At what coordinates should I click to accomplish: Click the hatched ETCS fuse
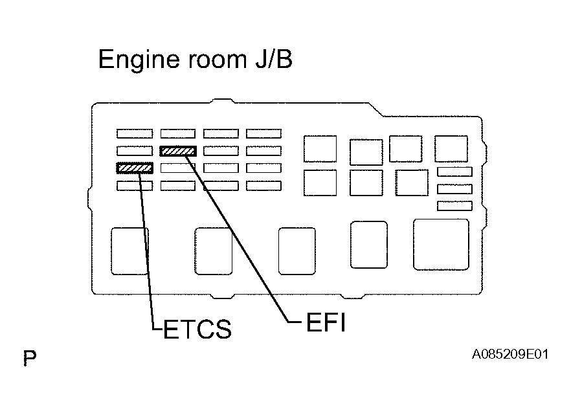pos(135,168)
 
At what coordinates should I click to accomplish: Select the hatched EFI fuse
pos(178,151)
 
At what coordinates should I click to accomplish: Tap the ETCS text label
pos(197,329)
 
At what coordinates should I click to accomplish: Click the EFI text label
pos(326,322)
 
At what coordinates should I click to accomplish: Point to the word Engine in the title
pos(139,60)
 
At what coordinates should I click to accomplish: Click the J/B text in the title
pos(274,59)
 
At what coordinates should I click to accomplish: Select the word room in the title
pos(218,60)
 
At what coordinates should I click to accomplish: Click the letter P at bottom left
pos(30,357)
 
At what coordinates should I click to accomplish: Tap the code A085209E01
pos(510,354)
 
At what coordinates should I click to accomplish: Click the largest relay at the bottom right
pos(441,245)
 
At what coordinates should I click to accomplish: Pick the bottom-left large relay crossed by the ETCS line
pos(129,251)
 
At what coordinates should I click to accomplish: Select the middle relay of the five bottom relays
pos(297,251)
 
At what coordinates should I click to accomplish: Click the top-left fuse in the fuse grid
pos(135,133)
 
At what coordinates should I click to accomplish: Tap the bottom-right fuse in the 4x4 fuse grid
pos(263,186)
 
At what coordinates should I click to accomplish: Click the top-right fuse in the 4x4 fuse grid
pos(263,133)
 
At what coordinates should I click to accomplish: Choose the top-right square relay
pos(451,149)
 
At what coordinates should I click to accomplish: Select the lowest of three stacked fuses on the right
pos(455,206)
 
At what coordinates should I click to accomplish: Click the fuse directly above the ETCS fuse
pos(135,151)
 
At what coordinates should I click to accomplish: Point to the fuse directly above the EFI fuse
pos(178,133)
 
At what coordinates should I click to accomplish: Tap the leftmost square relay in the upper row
pos(320,149)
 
